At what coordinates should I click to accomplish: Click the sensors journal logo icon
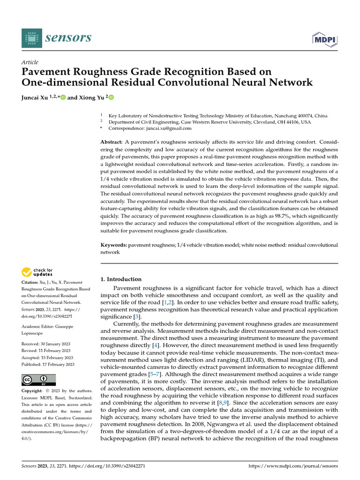[x=31, y=37]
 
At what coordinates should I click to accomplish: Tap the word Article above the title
[x=30, y=62]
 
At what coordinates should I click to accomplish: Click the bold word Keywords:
[x=114, y=245]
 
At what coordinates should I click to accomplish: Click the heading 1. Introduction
[x=121, y=279]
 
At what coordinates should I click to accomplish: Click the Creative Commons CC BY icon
[x=38, y=380]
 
